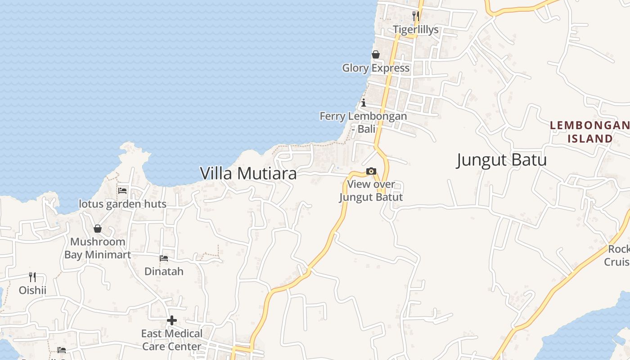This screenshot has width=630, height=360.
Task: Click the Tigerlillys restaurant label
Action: pyautogui.click(x=415, y=30)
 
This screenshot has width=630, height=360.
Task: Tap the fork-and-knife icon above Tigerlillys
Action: pyautogui.click(x=415, y=16)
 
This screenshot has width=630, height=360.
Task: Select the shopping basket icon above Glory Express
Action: pyautogui.click(x=376, y=54)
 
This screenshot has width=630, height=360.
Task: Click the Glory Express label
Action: pyautogui.click(x=376, y=68)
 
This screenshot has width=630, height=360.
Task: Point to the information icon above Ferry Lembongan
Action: pyautogui.click(x=364, y=103)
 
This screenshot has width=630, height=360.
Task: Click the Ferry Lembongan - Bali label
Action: pyautogui.click(x=363, y=122)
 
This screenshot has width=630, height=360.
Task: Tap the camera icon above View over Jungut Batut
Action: pyautogui.click(x=371, y=171)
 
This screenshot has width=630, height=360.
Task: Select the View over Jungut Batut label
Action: pyautogui.click(x=371, y=191)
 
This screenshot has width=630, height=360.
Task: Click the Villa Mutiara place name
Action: pyautogui.click(x=248, y=173)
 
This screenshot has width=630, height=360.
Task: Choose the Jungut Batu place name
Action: pyautogui.click(x=501, y=160)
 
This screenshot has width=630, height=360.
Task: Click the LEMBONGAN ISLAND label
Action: pyautogui.click(x=590, y=132)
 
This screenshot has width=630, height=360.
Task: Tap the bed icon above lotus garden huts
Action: pyautogui.click(x=122, y=190)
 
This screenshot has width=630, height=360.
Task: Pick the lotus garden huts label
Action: pyautogui.click(x=122, y=204)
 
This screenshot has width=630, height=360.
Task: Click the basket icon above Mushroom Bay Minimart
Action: pyautogui.click(x=98, y=229)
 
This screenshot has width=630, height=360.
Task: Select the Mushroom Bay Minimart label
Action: pyautogui.click(x=98, y=248)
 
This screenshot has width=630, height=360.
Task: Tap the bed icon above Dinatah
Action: pyautogui.click(x=164, y=258)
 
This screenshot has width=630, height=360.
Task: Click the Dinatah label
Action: pyautogui.click(x=164, y=271)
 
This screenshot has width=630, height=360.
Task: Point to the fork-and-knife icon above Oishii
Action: pyautogui.click(x=32, y=277)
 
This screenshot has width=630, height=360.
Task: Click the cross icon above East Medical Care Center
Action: pyautogui.click(x=172, y=320)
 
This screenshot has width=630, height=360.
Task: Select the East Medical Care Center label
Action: pyautogui.click(x=172, y=340)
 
